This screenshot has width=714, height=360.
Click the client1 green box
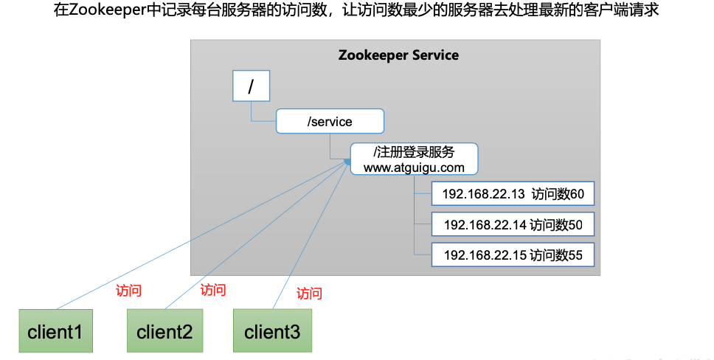tap(55, 331)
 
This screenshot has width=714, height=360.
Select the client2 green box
tap(164, 331)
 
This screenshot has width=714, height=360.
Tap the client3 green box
tap(272, 331)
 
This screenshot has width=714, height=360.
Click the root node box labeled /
tap(251, 86)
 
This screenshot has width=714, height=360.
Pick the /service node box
tap(330, 121)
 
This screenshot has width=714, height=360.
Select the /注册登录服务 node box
tap(414, 159)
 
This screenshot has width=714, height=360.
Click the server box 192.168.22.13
tap(512, 195)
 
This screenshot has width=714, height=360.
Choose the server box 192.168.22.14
tap(512, 225)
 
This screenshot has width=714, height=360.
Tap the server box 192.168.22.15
tap(512, 255)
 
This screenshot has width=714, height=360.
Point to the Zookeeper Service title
tap(398, 55)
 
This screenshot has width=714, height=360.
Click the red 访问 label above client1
tap(128, 291)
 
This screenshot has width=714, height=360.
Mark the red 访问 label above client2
tap(213, 290)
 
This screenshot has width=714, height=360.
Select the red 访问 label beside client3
tap(309, 294)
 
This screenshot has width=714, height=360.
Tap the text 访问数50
tap(557, 225)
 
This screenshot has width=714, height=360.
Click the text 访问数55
tap(557, 255)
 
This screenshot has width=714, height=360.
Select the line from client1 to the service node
tap(199, 236)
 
